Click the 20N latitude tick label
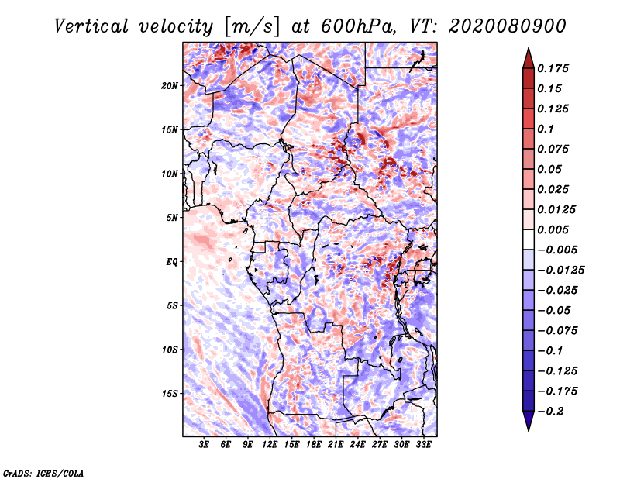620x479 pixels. pyautogui.click(x=170, y=85)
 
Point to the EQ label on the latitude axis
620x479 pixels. pyautogui.click(x=171, y=262)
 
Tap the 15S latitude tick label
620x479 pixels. pyautogui.click(x=170, y=394)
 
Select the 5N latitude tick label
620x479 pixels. pyautogui.click(x=172, y=218)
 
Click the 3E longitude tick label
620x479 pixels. pyautogui.click(x=204, y=446)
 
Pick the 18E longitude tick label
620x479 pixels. pyautogui.click(x=314, y=446)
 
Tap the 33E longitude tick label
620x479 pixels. pyautogui.click(x=424, y=446)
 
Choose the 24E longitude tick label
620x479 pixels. pyautogui.click(x=358, y=446)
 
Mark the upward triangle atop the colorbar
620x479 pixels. pyautogui.click(x=527, y=57)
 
